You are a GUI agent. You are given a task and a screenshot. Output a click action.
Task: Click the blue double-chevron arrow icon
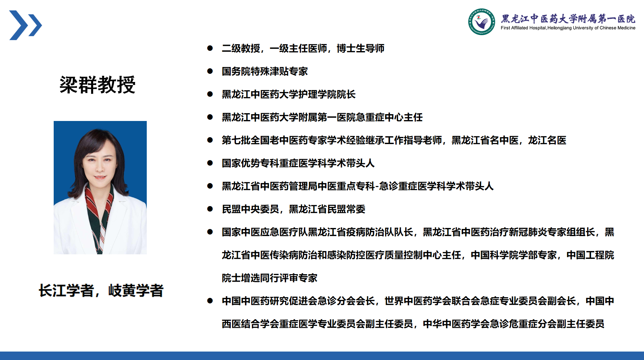(25, 25)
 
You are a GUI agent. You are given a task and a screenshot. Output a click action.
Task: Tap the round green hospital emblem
(482, 22)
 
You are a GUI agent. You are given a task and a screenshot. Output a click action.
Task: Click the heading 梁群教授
(97, 85)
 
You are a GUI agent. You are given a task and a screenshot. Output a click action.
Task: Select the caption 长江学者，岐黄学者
(101, 290)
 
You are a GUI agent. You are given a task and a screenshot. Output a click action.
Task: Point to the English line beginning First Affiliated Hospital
(568, 28)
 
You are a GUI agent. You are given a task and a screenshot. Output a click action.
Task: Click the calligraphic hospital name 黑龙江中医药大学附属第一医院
(568, 19)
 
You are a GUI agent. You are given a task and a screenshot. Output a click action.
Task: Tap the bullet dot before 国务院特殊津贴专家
(210, 71)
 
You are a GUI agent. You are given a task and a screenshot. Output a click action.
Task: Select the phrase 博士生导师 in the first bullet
(361, 48)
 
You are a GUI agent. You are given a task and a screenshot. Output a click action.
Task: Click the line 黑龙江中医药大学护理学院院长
(289, 94)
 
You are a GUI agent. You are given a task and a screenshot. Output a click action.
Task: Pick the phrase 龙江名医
(547, 140)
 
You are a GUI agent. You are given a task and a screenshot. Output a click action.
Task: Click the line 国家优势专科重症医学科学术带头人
(298, 163)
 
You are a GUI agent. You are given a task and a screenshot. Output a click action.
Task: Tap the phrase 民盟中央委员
(251, 209)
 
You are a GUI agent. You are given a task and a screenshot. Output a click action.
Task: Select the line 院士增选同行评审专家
(269, 278)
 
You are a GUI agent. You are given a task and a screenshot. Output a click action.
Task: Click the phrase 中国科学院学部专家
(514, 255)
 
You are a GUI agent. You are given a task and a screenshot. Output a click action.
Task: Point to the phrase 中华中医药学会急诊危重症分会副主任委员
(514, 324)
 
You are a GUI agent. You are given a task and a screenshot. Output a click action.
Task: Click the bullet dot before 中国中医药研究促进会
(210, 301)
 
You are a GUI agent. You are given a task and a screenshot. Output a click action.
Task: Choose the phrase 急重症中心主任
(389, 117)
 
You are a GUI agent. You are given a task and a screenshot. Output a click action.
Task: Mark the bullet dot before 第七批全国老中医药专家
(210, 140)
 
